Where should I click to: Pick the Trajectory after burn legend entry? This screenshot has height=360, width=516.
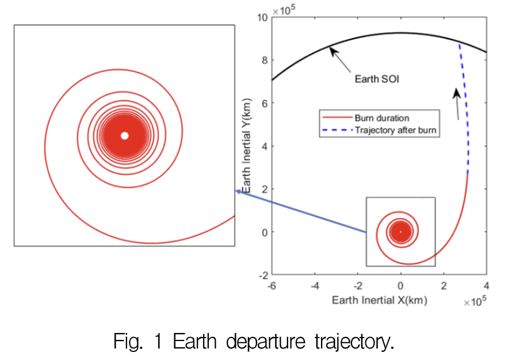[396, 131]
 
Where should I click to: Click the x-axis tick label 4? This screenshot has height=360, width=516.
[487, 286]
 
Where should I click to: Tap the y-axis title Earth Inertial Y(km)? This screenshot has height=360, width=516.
[246, 146]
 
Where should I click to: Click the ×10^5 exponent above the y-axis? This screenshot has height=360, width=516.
[284, 9]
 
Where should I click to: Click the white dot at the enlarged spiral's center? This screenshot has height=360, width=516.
[124, 136]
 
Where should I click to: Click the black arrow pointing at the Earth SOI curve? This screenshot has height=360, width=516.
[342, 59]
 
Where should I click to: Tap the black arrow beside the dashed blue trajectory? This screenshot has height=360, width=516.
[457, 104]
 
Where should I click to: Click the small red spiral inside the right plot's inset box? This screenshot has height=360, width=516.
[401, 232]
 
